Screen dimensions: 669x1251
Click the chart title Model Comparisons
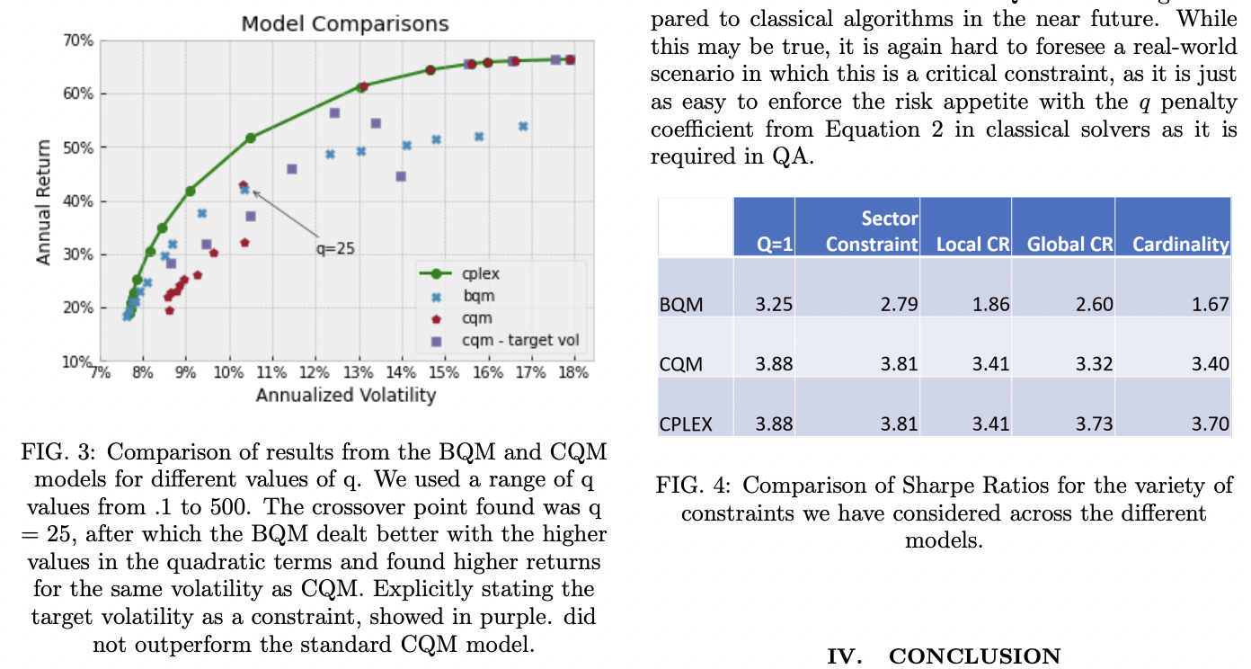pos(345,23)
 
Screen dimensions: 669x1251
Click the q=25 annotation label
pos(334,249)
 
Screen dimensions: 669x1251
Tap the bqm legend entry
pos(477,296)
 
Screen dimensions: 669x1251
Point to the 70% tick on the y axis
pos(78,40)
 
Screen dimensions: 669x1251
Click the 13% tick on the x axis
pos(359,372)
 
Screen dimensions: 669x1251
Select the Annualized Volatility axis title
pos(345,395)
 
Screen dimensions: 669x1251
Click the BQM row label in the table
pos(680,304)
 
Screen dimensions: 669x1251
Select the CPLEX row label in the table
pos(685,424)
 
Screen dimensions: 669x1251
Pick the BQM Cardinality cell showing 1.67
pos(1211,304)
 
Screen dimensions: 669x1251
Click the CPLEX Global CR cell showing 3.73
pos(1095,424)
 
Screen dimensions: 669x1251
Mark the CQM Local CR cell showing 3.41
pos(991,363)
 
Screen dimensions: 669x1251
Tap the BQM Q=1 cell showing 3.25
pos(775,304)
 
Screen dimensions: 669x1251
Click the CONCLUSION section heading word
pos(974,656)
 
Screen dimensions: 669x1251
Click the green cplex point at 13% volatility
pos(362,87)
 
